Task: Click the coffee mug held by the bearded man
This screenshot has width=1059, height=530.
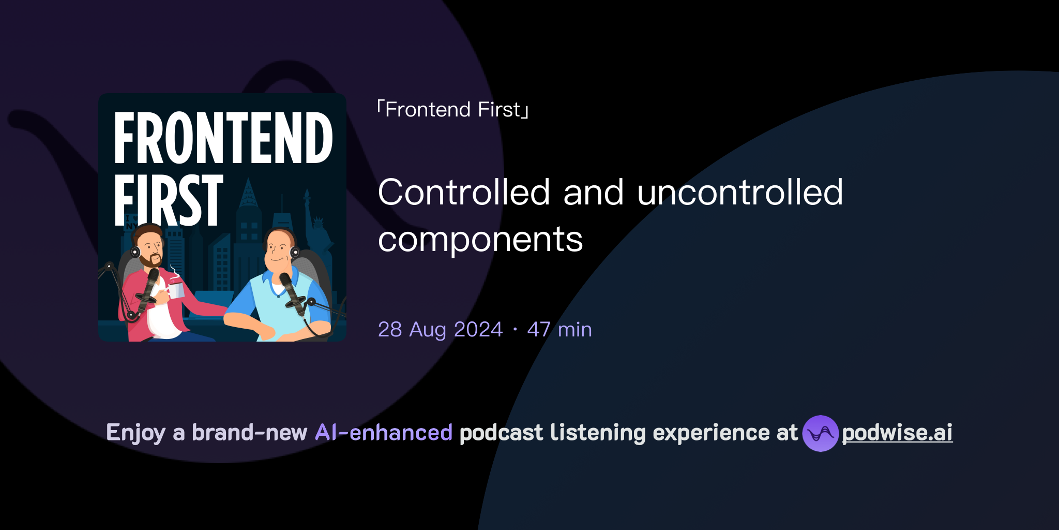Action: tap(176, 289)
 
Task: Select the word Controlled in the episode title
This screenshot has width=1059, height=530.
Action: tap(464, 193)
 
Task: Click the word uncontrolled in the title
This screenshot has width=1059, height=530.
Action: tap(740, 193)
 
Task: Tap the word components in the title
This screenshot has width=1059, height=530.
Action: tap(480, 240)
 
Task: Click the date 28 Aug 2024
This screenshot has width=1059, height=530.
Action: tap(440, 330)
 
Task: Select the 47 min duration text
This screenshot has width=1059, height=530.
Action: tap(559, 330)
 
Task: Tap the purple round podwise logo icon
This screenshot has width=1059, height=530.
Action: tap(820, 433)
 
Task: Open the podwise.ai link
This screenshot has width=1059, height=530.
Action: tap(897, 433)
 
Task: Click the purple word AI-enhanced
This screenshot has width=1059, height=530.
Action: tap(384, 433)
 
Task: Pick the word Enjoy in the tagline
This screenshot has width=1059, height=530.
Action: tap(135, 433)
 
